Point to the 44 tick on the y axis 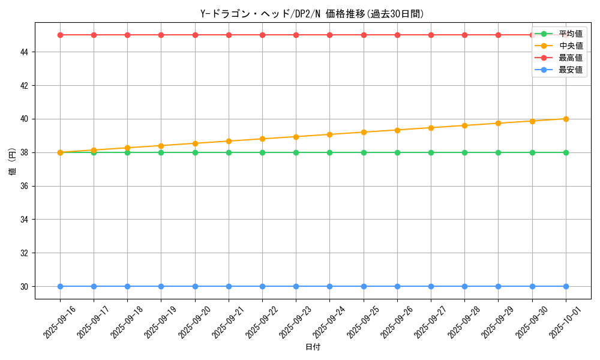point(25,52)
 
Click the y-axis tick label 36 point(25,186)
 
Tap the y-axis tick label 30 point(25,287)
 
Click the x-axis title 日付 point(313,347)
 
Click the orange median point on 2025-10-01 point(566,119)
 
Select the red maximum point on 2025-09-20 point(195,35)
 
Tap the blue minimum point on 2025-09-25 point(364,286)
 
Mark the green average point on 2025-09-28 point(464,152)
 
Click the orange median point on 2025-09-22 point(262,139)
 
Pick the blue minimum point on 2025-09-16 point(60,286)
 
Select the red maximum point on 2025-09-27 point(431,35)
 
